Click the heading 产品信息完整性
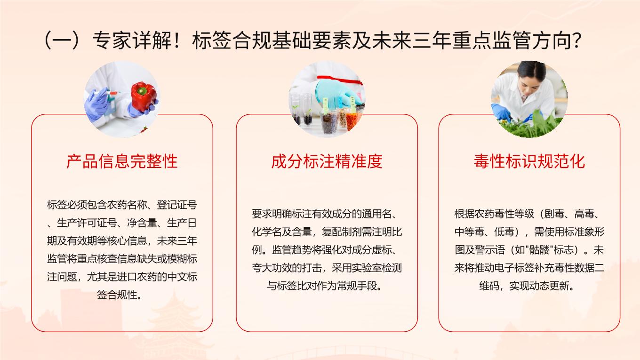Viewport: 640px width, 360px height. [x=122, y=161]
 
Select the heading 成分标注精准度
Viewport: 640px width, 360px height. [x=327, y=161]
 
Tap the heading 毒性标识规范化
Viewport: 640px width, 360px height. [x=529, y=161]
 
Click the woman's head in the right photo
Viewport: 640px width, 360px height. [x=531, y=77]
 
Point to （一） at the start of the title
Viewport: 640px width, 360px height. [x=62, y=40]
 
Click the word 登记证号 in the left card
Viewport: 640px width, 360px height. [x=177, y=205]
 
